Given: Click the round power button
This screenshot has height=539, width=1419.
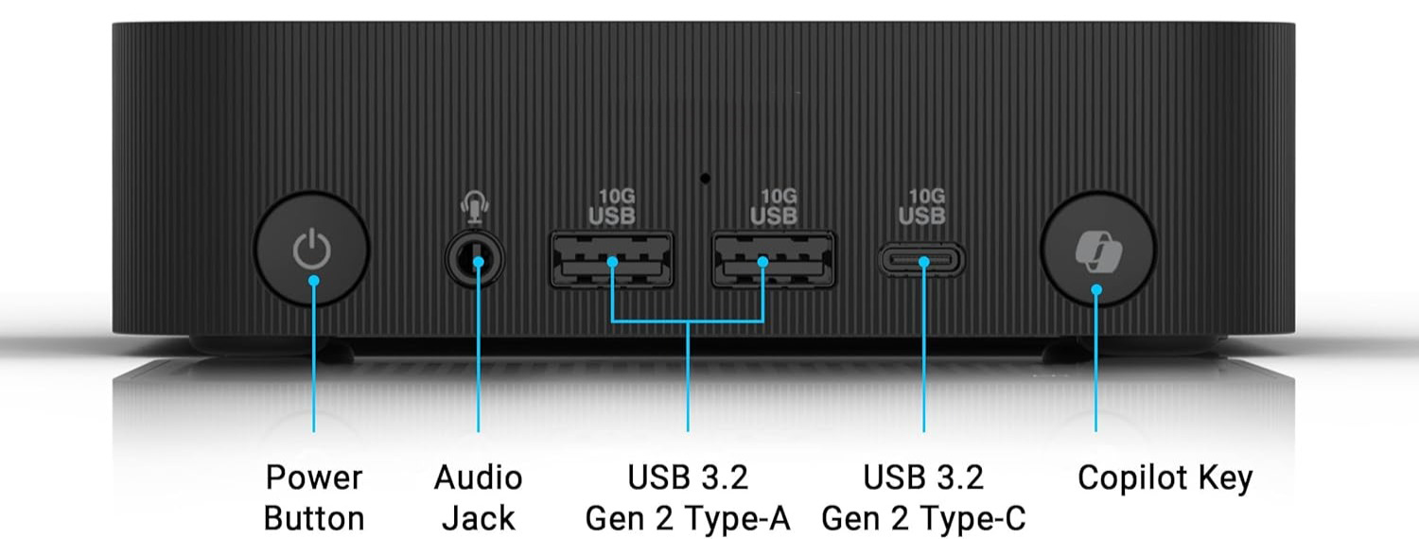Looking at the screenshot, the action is click(x=311, y=250).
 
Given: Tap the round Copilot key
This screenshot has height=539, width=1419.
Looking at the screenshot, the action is click(x=1097, y=250).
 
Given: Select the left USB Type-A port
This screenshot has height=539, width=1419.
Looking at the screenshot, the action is click(x=611, y=259).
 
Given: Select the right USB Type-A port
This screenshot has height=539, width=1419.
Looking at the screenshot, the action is click(x=773, y=259).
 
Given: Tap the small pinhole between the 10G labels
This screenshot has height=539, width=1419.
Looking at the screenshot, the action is click(x=705, y=178).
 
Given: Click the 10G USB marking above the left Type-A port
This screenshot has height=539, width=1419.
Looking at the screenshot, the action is click(x=611, y=207).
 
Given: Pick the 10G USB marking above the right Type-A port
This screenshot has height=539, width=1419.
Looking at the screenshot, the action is click(x=774, y=207).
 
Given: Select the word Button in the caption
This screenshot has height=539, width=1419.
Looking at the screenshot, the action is click(x=313, y=518).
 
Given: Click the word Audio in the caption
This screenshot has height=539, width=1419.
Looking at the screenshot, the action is click(x=478, y=478).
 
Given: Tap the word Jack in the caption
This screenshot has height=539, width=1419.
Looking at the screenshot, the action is click(x=479, y=518).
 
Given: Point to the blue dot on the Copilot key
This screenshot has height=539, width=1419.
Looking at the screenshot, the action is click(x=1096, y=289).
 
